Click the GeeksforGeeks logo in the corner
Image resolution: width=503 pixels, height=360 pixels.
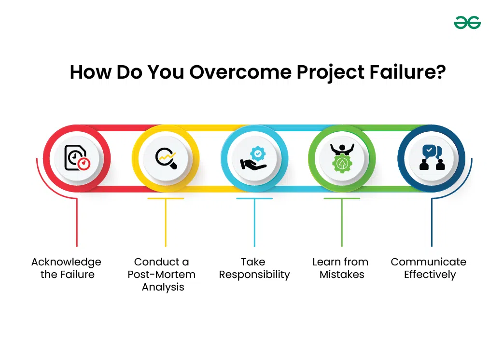467,23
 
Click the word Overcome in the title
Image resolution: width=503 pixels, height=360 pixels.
240,72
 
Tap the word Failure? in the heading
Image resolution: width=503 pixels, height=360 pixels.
407,72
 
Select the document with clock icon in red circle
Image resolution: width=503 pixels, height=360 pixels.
77,158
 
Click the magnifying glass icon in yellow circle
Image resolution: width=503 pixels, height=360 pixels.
166,158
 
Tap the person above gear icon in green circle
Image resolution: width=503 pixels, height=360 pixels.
342,158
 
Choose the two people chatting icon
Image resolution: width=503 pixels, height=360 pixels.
432,157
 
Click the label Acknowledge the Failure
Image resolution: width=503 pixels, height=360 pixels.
67,268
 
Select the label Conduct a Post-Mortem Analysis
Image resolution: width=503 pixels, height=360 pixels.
162,274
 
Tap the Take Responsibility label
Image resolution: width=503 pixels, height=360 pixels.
254,268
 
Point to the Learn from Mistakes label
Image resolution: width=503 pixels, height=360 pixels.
340,268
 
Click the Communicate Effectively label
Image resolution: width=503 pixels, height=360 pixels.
429,268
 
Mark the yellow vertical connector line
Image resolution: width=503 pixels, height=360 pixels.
166,222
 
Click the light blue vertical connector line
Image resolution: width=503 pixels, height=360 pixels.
254,222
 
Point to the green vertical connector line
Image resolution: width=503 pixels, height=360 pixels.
342,222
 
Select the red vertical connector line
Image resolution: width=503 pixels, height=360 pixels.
77,222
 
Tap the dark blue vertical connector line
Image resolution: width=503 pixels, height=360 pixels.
432,222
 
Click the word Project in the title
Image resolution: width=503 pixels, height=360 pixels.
330,72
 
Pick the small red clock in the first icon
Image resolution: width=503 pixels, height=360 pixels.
84,164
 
